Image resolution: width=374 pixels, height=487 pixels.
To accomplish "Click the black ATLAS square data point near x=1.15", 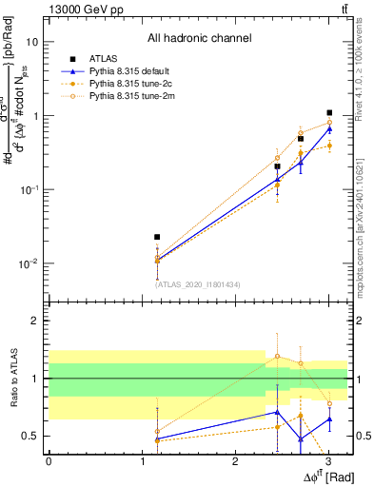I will (x=157, y=237).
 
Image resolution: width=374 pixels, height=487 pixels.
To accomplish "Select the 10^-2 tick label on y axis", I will (x=29, y=263).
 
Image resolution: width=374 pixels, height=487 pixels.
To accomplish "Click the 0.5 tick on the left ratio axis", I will (x=30, y=437).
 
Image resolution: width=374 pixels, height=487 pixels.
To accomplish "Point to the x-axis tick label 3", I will (x=327, y=461).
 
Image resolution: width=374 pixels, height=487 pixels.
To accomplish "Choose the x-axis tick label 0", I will (x=49, y=461).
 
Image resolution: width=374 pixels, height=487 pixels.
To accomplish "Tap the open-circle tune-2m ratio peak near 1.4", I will (x=277, y=356).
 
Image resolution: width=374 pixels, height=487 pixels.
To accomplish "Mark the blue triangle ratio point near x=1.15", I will (x=157, y=438).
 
